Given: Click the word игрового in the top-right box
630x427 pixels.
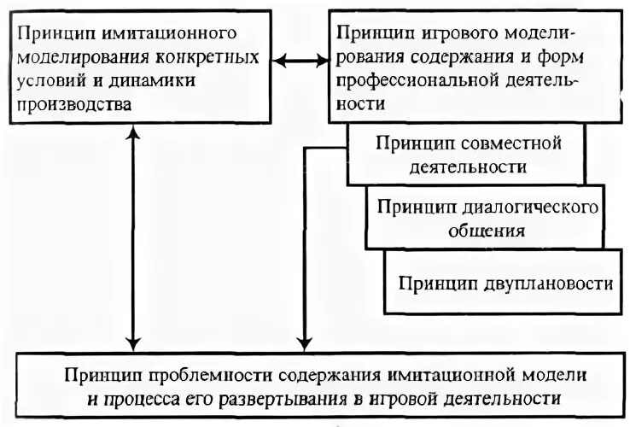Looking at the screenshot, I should click(449, 33).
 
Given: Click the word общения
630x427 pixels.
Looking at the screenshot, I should click(490, 231).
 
